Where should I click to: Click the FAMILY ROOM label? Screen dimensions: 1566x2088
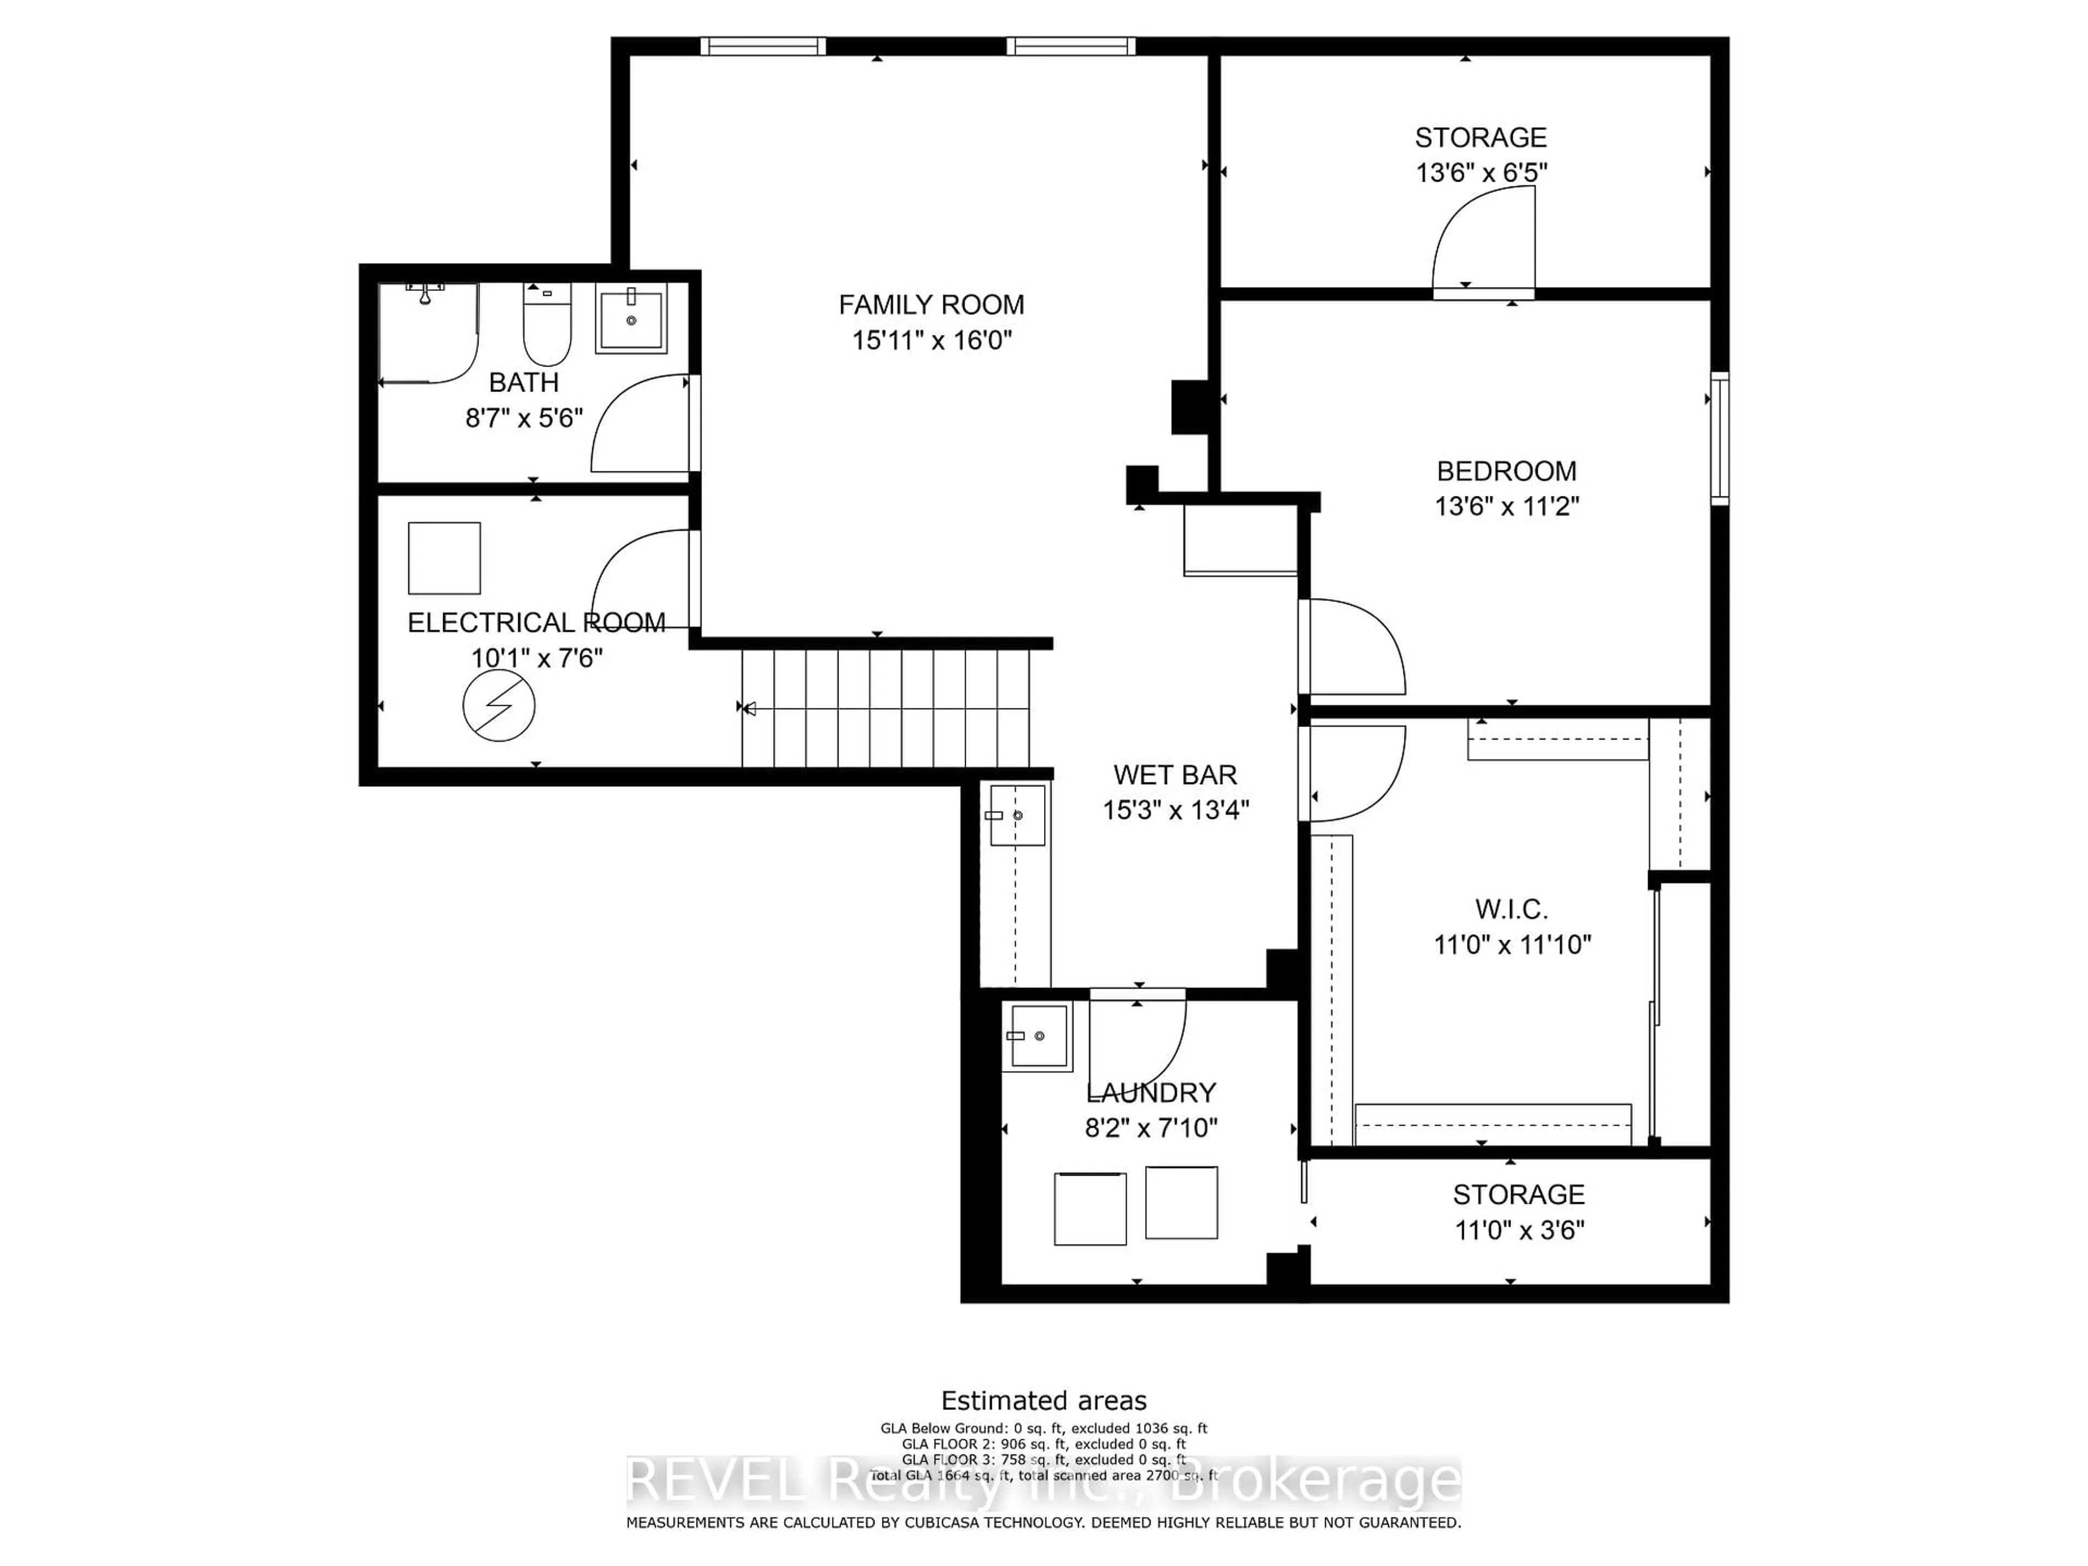[x=931, y=305]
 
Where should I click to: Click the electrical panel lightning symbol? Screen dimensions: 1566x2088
[x=499, y=705]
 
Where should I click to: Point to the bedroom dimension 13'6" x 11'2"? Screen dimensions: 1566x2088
[x=1507, y=506]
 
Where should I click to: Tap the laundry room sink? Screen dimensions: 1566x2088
[x=1037, y=1035]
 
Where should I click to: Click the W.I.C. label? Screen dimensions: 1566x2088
[x=1511, y=910]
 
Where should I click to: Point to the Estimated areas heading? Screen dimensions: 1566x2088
[x=1044, y=1400]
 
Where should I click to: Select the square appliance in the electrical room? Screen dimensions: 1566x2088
[x=444, y=558]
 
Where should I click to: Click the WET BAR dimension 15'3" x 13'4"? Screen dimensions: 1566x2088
[x=1175, y=810]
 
